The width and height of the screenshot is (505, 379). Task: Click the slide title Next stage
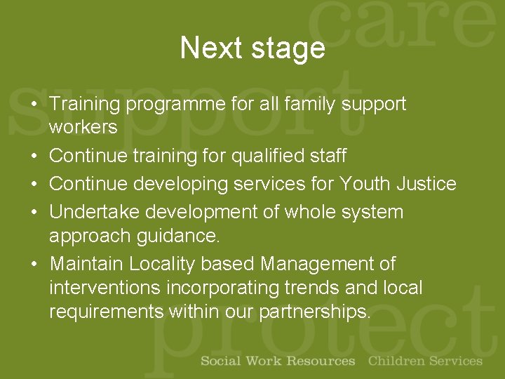tap(252, 48)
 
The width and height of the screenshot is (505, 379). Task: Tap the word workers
tap(83, 127)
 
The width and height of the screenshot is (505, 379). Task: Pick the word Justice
tap(426, 184)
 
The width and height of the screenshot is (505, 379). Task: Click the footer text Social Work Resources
tap(278, 361)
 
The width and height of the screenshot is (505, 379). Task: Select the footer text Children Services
tap(425, 361)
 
